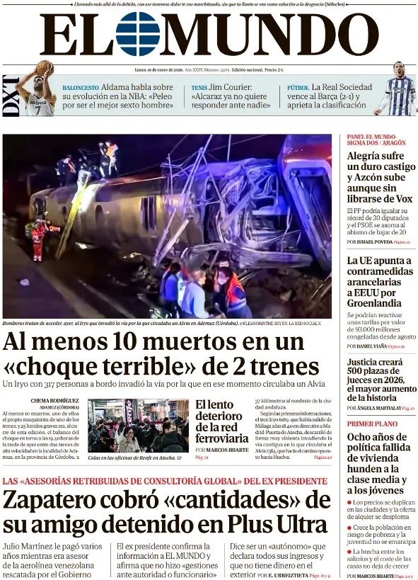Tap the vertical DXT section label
pyautogui.click(x=11, y=95)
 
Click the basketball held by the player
pyautogui.click(x=45, y=68)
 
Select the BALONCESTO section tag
pyautogui.click(x=80, y=88)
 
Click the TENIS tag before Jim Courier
pyautogui.click(x=199, y=88)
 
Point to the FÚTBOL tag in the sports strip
pyautogui.click(x=298, y=88)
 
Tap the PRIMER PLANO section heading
pyautogui.click(x=371, y=423)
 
